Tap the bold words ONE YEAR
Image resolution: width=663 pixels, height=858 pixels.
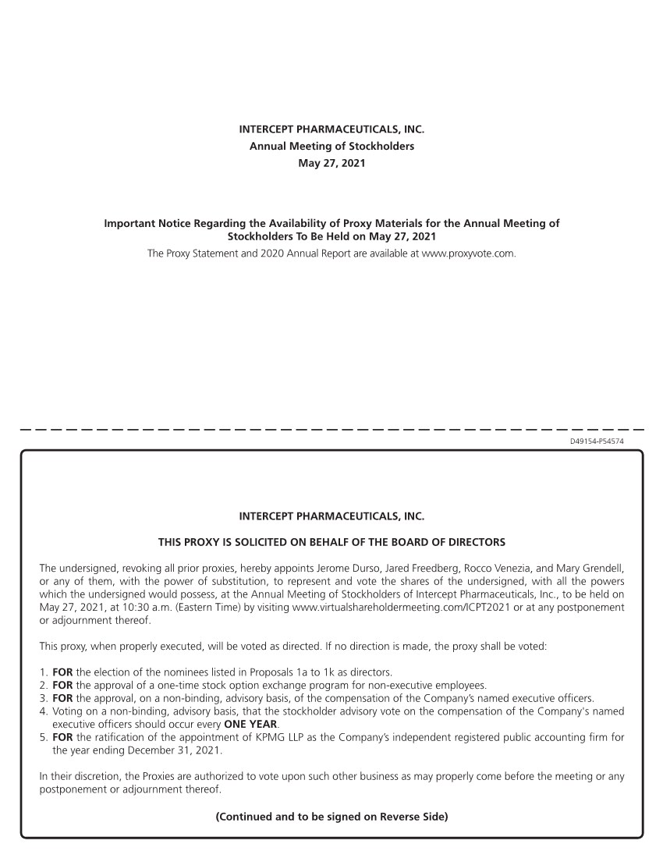[x=250, y=723]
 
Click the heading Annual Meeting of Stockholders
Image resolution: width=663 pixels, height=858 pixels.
[x=331, y=146]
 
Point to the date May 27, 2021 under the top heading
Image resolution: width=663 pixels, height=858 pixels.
[x=331, y=163]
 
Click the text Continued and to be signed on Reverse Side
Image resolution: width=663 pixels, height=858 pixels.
[x=331, y=817]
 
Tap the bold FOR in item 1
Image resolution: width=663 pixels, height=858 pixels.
[x=62, y=672]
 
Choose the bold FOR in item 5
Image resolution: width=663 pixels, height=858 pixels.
[x=62, y=736]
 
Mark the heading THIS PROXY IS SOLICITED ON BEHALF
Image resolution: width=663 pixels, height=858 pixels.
[x=331, y=541]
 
